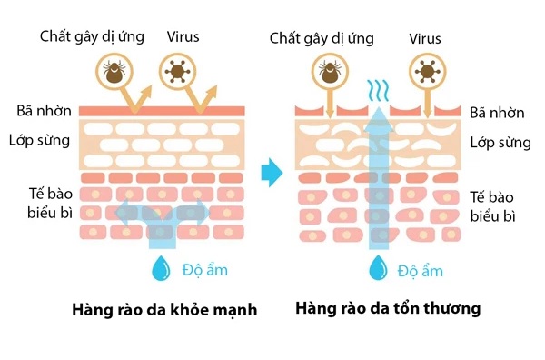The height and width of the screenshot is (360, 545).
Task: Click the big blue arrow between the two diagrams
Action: click(x=270, y=171)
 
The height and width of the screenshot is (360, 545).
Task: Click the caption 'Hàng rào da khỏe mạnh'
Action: click(x=163, y=310)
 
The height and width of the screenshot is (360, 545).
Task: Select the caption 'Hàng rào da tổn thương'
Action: click(x=388, y=309)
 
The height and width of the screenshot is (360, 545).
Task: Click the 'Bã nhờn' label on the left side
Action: click(x=41, y=111)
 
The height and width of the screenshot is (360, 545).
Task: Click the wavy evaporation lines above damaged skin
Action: click(x=376, y=91)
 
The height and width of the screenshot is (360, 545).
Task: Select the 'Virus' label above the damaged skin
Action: click(x=425, y=38)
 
